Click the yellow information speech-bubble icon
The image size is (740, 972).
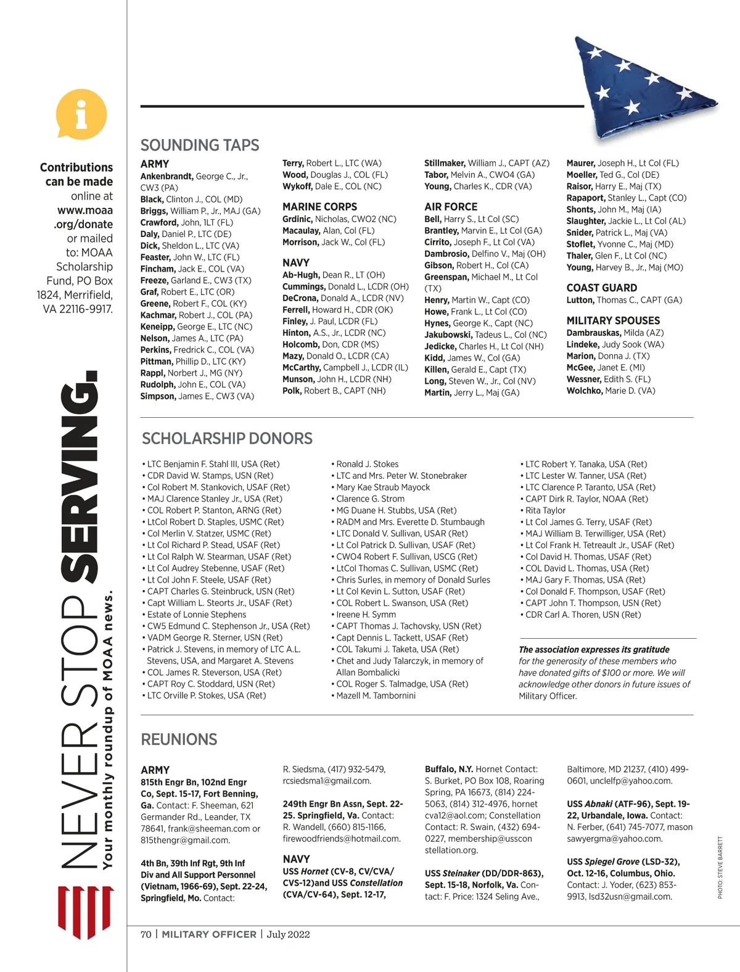(81, 115)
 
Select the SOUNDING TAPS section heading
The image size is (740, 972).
(200, 145)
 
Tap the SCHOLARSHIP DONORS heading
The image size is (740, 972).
(227, 439)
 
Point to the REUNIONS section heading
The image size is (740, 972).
(179, 739)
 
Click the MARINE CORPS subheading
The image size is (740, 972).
(319, 207)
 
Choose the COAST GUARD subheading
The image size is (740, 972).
(601, 288)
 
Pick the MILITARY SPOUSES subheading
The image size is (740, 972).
(613, 321)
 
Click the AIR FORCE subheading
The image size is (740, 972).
(451, 207)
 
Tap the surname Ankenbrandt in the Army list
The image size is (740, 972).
(166, 177)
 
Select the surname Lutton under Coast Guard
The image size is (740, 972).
(580, 300)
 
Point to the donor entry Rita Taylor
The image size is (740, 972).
(545, 510)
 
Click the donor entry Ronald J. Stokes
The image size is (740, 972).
(368, 464)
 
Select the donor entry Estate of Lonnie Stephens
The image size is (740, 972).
(196, 615)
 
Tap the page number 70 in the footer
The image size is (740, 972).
(146, 934)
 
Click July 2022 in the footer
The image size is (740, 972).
(289, 934)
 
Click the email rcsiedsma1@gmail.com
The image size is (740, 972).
(327, 781)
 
